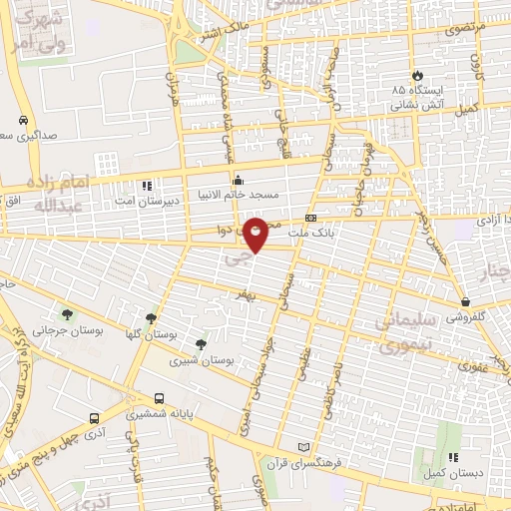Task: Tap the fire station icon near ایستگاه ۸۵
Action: [x=416, y=76]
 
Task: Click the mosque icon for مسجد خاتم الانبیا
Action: [x=238, y=182]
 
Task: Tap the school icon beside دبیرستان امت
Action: [x=147, y=186]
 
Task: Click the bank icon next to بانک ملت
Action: [x=310, y=218]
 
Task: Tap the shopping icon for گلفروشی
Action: [x=465, y=301]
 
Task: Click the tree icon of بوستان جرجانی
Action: [x=67, y=315]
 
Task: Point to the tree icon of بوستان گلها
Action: [x=151, y=318]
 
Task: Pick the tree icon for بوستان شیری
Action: [x=202, y=344]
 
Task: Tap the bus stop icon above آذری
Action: [x=94, y=419]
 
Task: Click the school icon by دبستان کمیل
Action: [x=452, y=457]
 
